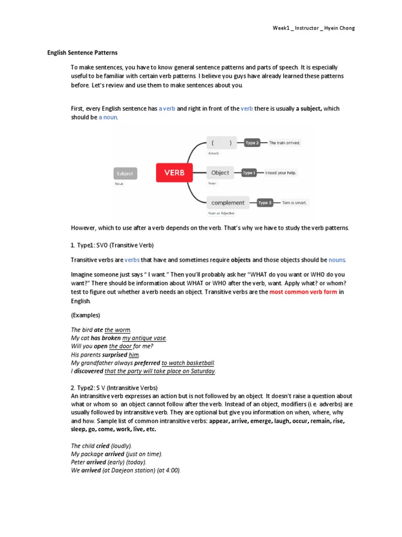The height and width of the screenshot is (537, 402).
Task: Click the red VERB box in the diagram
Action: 174,173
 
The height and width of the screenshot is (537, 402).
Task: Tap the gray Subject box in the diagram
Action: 125,173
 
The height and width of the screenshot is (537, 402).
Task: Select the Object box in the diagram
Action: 220,173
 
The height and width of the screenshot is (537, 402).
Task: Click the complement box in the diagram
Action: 228,202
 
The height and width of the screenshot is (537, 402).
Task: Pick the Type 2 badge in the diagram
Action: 252,143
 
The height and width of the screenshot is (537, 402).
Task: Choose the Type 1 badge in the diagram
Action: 249,173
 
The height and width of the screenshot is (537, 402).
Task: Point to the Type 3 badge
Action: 265,202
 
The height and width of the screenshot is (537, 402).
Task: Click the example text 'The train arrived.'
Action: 285,143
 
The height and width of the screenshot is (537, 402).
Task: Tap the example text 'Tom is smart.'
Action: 295,202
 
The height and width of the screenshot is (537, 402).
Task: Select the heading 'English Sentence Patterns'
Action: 83,53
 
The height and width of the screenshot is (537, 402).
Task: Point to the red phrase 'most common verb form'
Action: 303,292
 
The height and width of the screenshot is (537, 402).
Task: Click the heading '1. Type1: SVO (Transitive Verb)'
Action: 112,245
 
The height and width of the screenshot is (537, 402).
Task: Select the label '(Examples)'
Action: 85,315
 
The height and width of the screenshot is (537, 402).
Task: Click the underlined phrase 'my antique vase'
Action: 144,338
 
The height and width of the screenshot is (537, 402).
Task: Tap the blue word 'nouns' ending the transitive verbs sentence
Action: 337,260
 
